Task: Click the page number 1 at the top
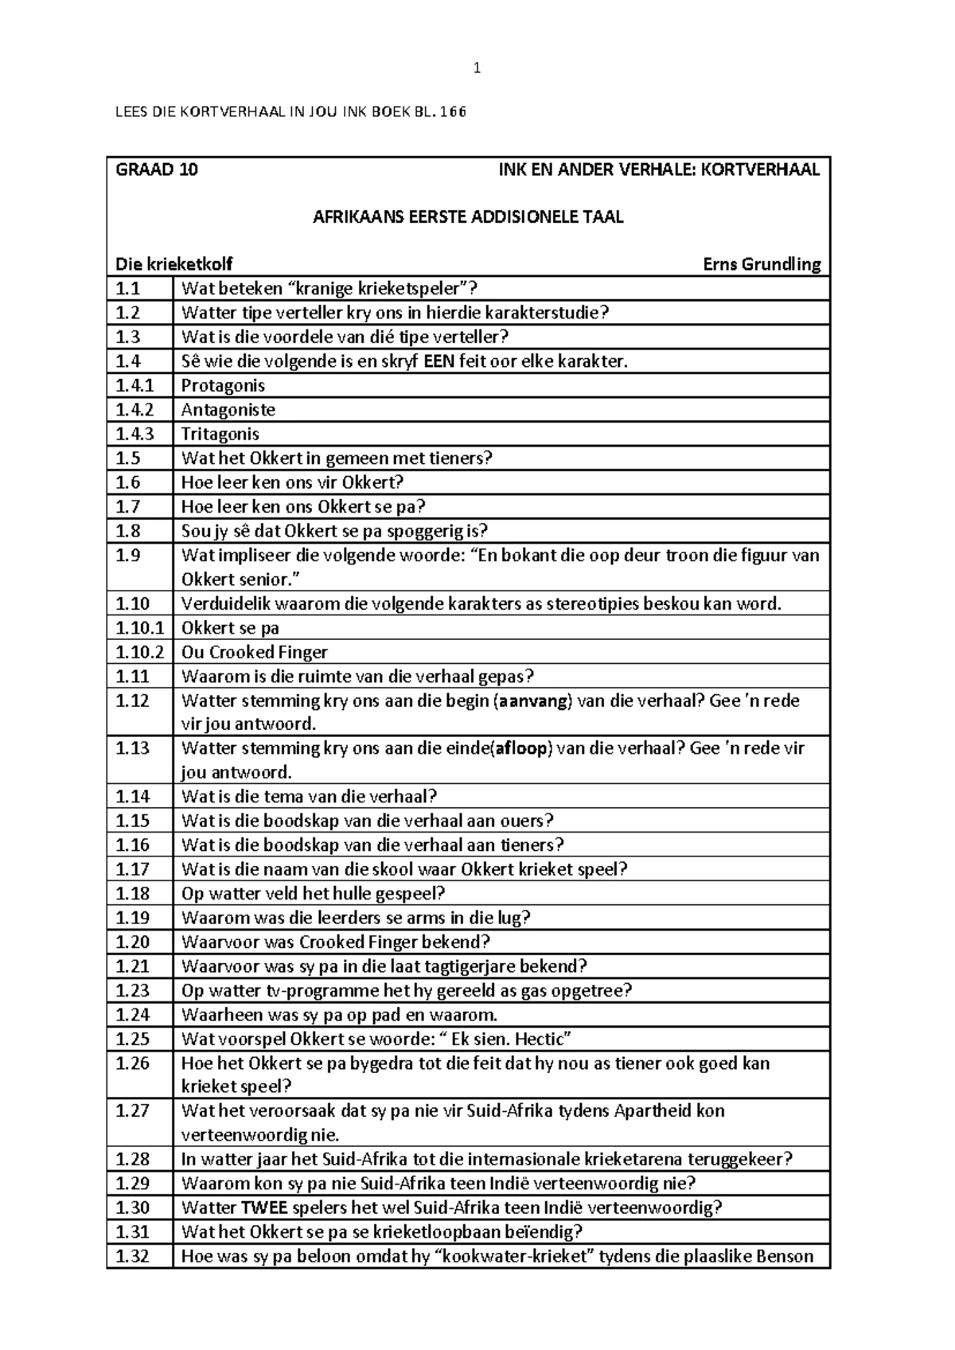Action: pos(477,68)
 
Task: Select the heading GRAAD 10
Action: pos(157,170)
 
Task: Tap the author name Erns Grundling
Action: pos(762,264)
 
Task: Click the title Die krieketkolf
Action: pos(174,264)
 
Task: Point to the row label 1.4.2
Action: pos(134,410)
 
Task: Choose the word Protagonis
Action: pos(223,386)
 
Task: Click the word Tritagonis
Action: pos(220,435)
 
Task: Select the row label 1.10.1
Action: pos(139,628)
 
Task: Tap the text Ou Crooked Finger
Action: pos(254,653)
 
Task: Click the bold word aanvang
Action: pos(533,701)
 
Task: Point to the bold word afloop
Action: pos(522,749)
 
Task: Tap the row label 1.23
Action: pos(132,991)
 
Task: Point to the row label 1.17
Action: pos(132,870)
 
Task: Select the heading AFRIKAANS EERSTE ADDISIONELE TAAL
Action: pos(468,217)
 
